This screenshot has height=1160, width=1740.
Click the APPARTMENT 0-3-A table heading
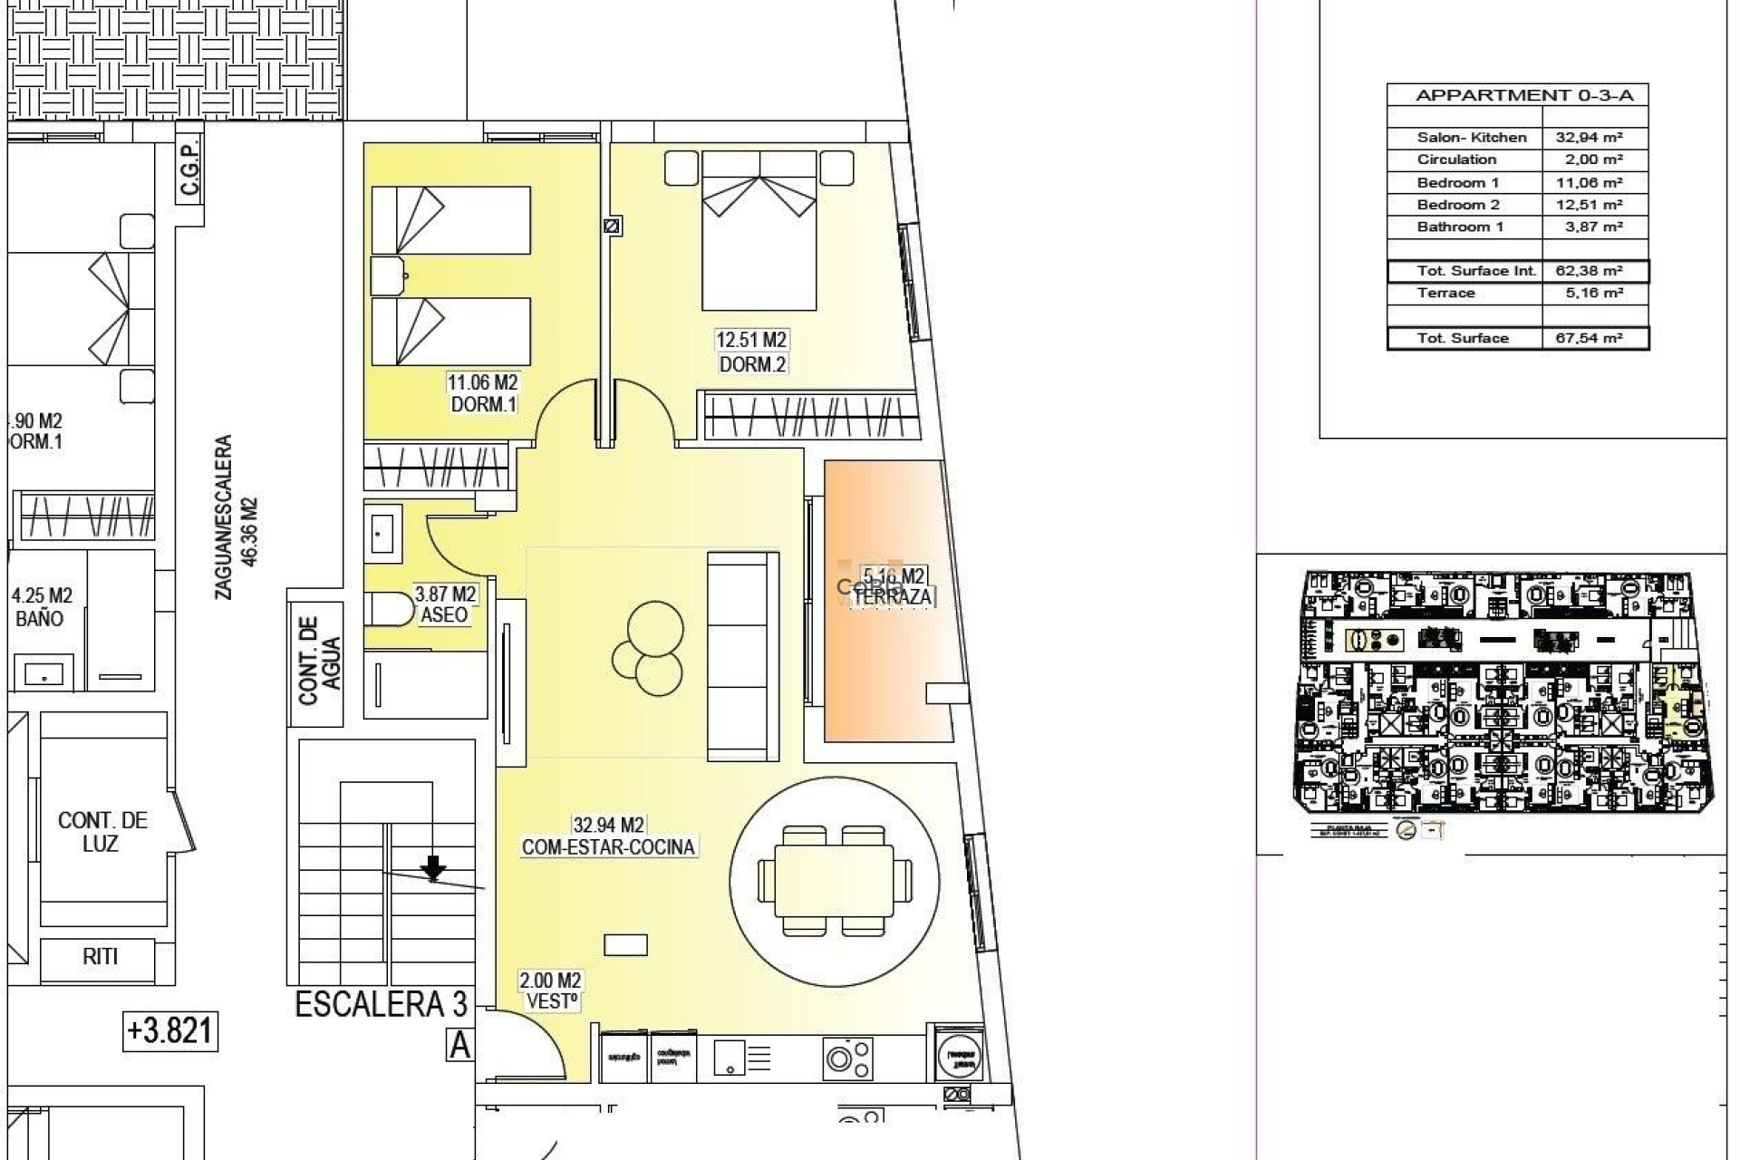point(1517,95)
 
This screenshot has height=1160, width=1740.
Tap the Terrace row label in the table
point(1445,293)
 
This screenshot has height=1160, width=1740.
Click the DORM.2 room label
point(751,364)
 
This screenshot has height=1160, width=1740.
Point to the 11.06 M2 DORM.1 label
point(482,393)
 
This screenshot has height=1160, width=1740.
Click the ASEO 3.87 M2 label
point(445,604)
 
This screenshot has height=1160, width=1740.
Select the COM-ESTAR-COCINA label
point(608,846)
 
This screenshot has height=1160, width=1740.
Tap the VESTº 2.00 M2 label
point(550,991)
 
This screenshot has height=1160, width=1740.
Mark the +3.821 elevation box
point(170,1031)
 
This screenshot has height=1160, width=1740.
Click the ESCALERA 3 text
point(382,1004)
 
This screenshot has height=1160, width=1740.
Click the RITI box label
point(100,956)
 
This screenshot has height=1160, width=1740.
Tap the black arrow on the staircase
point(434,868)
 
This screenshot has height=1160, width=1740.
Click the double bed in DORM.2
point(759,231)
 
